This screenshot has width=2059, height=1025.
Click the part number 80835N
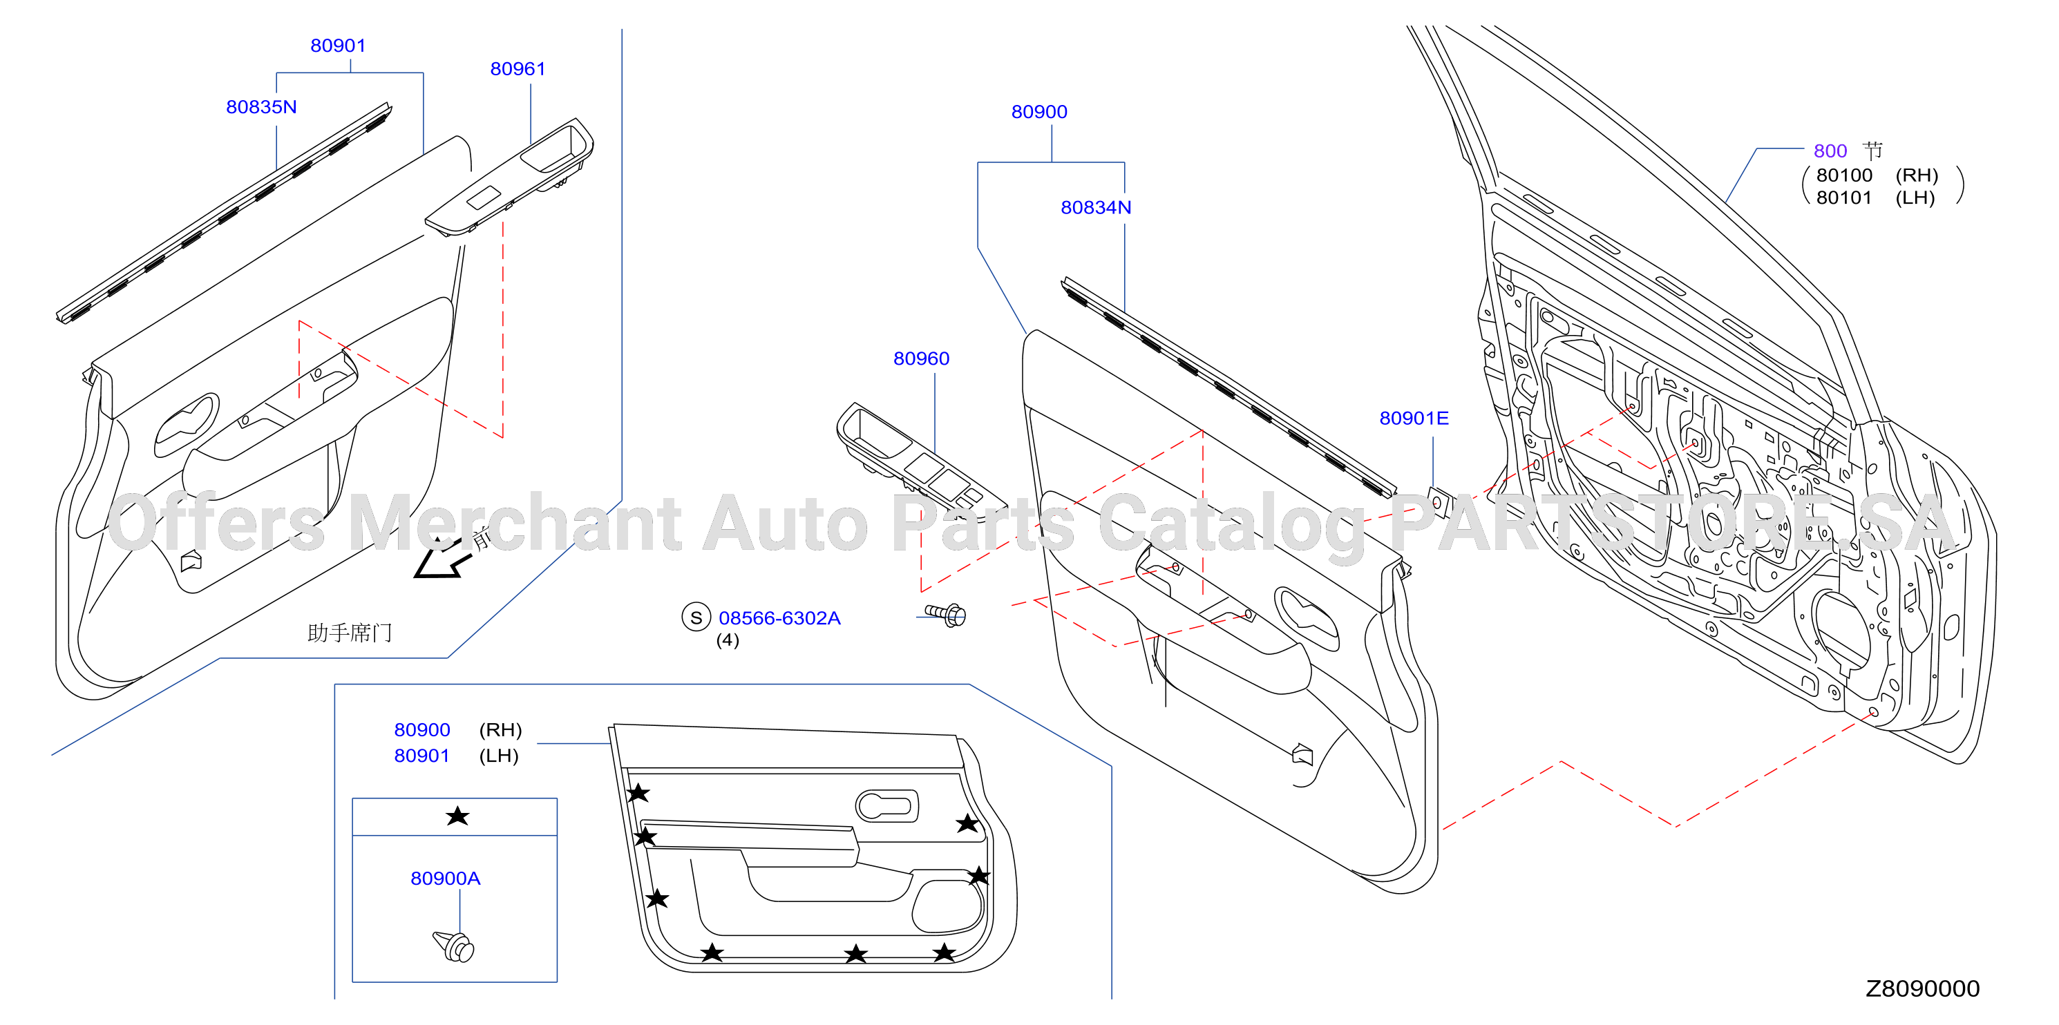(x=261, y=107)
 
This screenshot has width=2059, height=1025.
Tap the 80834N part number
(x=1096, y=208)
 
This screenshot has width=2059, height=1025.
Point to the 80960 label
(x=922, y=358)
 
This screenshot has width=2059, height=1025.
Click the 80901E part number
(x=1414, y=419)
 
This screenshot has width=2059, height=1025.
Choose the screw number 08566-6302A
(x=779, y=618)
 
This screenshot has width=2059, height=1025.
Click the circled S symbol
(x=696, y=617)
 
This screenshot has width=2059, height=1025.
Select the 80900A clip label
(x=445, y=879)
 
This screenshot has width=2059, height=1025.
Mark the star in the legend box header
(x=458, y=816)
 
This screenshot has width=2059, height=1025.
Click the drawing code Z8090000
(x=1922, y=989)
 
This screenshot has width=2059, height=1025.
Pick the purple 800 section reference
(x=1830, y=151)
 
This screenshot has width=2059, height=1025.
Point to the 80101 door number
(x=1844, y=198)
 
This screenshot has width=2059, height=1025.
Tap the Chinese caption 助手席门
(x=350, y=633)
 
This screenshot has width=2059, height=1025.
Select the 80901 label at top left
(x=338, y=46)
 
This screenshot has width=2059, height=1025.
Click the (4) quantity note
(x=728, y=641)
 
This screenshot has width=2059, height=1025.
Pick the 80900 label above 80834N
(x=1039, y=112)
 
